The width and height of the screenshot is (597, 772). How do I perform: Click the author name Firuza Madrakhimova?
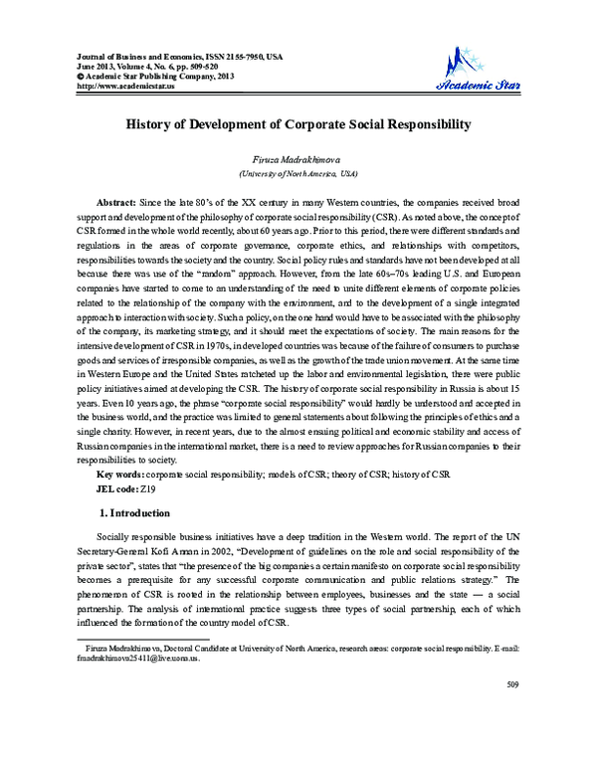click(x=298, y=159)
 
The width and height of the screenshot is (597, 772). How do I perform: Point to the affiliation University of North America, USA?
click(x=298, y=172)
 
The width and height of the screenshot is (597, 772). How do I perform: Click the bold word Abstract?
click(x=116, y=201)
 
